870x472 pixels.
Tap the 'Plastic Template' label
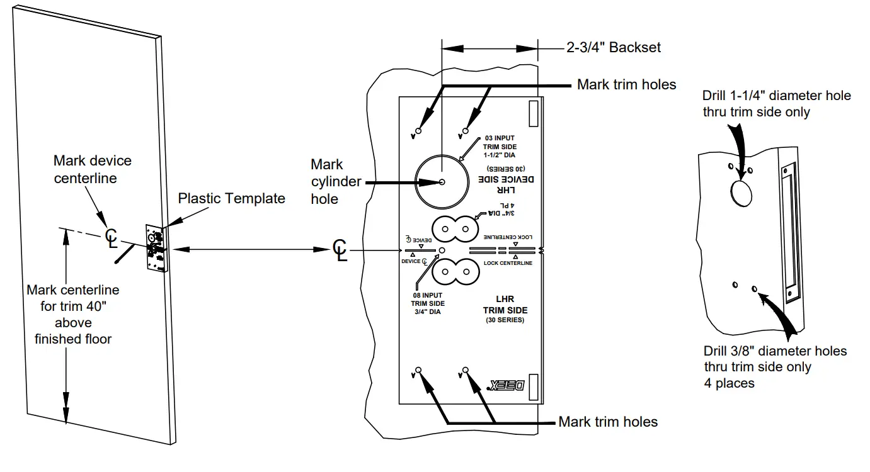pyautogui.click(x=231, y=199)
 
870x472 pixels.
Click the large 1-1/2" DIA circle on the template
pyautogui.click(x=441, y=181)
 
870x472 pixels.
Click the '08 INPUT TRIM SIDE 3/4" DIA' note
pyautogui.click(x=428, y=303)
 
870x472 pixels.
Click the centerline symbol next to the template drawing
pyautogui.click(x=340, y=250)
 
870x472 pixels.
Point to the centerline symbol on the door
pyautogui.click(x=112, y=237)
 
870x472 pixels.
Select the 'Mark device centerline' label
pyautogui.click(x=93, y=169)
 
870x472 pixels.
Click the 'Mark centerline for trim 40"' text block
pyautogui.click(x=73, y=315)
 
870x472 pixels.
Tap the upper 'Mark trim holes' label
pyautogui.click(x=626, y=84)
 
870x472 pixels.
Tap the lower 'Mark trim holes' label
pyautogui.click(x=608, y=422)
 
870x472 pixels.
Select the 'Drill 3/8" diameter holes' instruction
pyautogui.click(x=775, y=367)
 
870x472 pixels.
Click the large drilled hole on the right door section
pyautogui.click(x=741, y=192)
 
